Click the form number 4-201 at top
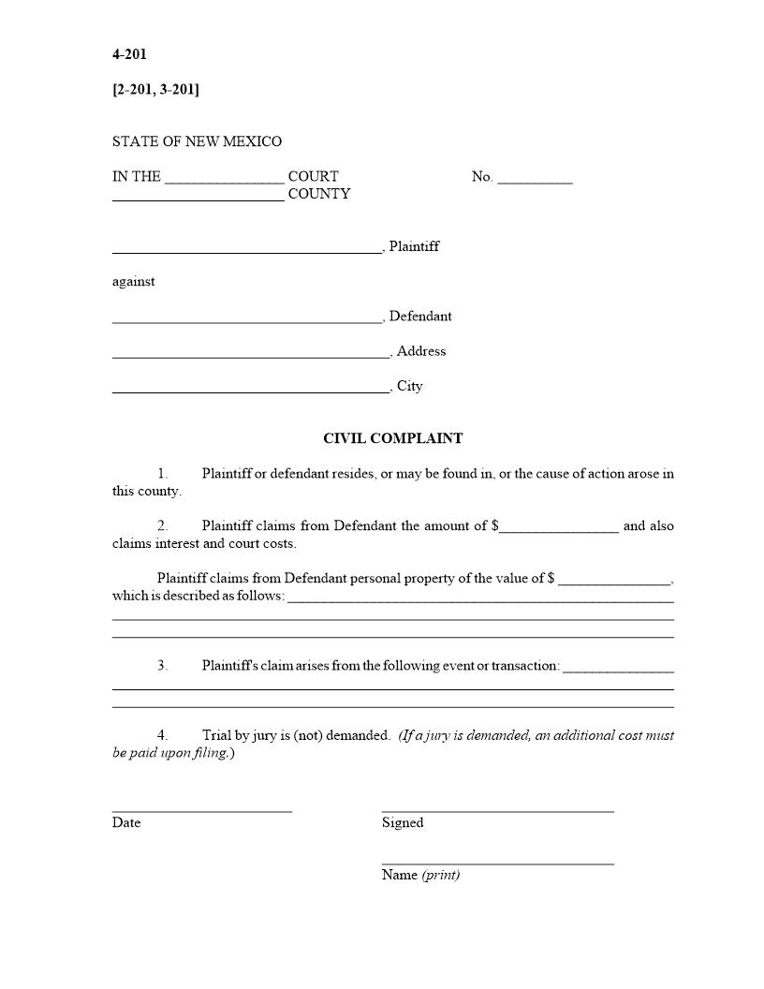pyautogui.click(x=129, y=54)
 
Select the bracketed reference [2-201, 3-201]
pyautogui.click(x=155, y=89)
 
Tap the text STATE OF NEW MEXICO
pyautogui.click(x=197, y=141)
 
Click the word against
pyautogui.click(x=134, y=281)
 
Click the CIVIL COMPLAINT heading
pyautogui.click(x=392, y=438)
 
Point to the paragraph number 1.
pyautogui.click(x=162, y=474)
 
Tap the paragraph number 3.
pyautogui.click(x=162, y=666)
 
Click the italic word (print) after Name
pyautogui.click(x=441, y=875)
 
